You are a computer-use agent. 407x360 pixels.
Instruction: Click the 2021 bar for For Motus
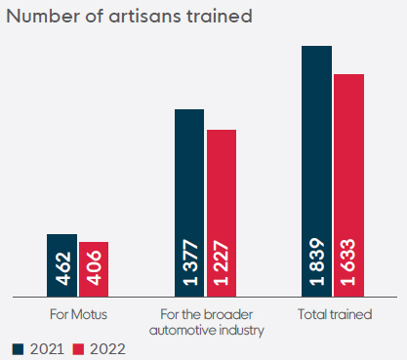pyautogui.click(x=61, y=265)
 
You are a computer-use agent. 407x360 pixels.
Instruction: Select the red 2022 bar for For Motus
pyautogui.click(x=94, y=269)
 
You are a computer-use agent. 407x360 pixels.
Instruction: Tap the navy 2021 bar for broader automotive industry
pyautogui.click(x=189, y=203)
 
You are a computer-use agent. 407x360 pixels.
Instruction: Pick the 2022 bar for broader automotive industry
pyautogui.click(x=222, y=214)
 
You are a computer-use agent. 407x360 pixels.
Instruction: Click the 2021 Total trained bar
pyautogui.click(x=316, y=172)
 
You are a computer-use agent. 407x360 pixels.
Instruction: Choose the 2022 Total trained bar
pyautogui.click(x=348, y=185)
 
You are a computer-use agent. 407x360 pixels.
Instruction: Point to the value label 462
pyautogui.click(x=62, y=268)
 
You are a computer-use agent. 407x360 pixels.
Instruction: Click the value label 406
pyautogui.click(x=95, y=267)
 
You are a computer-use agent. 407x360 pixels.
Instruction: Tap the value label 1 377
pyautogui.click(x=190, y=262)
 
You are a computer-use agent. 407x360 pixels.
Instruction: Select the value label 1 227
pyautogui.click(x=222, y=262)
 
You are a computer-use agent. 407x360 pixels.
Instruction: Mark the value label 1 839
pyautogui.click(x=316, y=261)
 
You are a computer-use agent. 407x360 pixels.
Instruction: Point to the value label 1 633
pyautogui.click(x=347, y=262)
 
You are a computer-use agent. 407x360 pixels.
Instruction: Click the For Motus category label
pyautogui.click(x=78, y=314)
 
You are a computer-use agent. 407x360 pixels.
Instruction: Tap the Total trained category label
pyautogui.click(x=335, y=314)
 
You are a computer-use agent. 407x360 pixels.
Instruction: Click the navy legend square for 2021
pyautogui.click(x=18, y=349)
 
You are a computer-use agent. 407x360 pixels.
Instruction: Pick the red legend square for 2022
pyautogui.click(x=78, y=349)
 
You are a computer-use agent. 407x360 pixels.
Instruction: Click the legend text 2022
pyautogui.click(x=107, y=349)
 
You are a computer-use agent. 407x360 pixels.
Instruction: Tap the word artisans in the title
pyautogui.click(x=144, y=16)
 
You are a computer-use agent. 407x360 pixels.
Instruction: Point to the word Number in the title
pyautogui.click(x=43, y=16)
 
